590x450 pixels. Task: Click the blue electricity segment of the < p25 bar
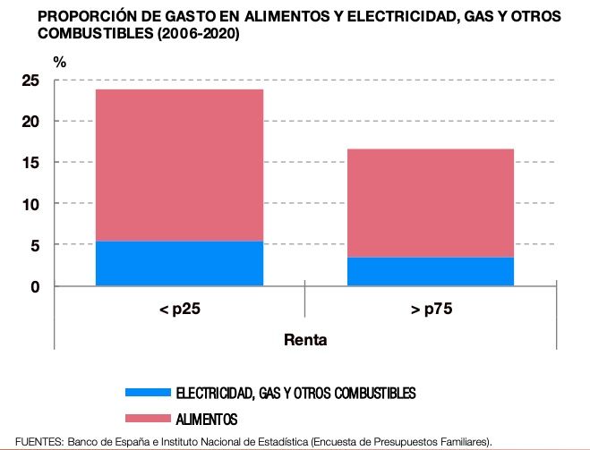click(179, 263)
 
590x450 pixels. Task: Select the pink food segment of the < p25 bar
click(179, 165)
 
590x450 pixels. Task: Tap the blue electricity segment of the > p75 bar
click(431, 271)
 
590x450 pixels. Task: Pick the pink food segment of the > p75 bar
click(431, 202)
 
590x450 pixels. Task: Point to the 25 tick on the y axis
click(30, 81)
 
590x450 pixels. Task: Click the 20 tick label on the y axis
click(30, 122)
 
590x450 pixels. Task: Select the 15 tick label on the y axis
click(30, 163)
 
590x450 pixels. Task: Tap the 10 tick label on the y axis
click(30, 204)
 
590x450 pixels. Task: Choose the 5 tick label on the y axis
click(35, 245)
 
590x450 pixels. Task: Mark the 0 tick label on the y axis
click(35, 286)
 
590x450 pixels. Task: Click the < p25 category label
click(179, 310)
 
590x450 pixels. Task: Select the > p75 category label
click(431, 310)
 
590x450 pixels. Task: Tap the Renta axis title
click(305, 340)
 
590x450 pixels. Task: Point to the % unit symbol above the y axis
click(59, 63)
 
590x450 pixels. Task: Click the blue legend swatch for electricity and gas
click(148, 393)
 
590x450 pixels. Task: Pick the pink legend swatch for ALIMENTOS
click(148, 418)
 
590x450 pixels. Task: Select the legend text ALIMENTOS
click(207, 418)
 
